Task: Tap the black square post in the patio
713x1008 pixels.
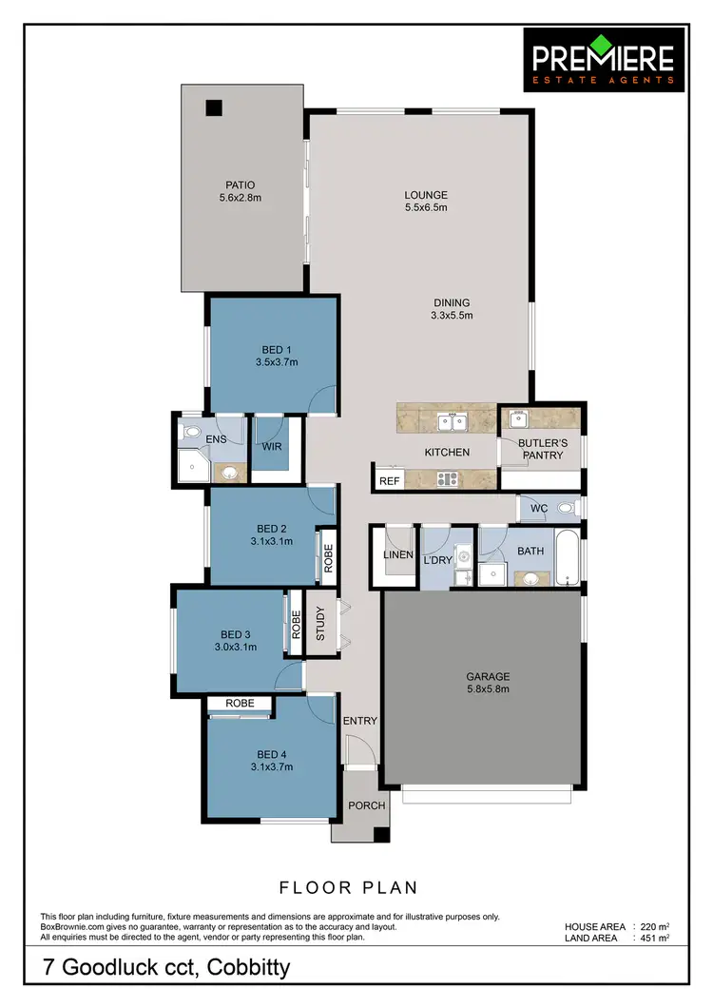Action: pyautogui.click(x=215, y=107)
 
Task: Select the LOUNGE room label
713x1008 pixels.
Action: pyautogui.click(x=426, y=196)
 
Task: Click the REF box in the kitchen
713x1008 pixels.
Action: pyautogui.click(x=390, y=481)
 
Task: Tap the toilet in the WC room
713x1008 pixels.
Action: pyautogui.click(x=567, y=508)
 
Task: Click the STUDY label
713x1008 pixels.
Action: pyautogui.click(x=319, y=624)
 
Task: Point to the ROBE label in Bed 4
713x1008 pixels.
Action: pyautogui.click(x=239, y=704)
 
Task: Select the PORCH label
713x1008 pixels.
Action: pyautogui.click(x=367, y=805)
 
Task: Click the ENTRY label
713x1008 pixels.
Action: pyautogui.click(x=360, y=721)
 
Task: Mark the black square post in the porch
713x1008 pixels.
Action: pyautogui.click(x=381, y=835)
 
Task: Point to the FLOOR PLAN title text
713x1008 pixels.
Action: pyautogui.click(x=348, y=888)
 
